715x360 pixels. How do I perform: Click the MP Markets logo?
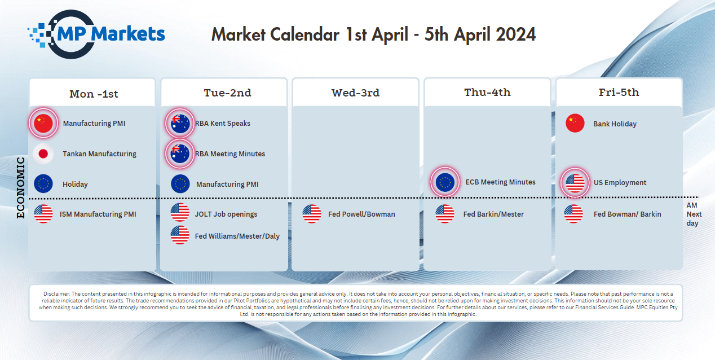96,34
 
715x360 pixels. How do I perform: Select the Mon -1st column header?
94,94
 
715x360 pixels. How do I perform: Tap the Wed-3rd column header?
355,93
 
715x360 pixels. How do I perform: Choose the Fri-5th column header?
619,93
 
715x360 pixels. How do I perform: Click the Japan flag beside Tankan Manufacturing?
43,153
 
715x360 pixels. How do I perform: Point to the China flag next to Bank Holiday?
575,124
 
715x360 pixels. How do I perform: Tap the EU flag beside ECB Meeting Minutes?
445,182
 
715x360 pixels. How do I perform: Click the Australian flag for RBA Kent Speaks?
180,124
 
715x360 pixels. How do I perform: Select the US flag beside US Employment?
575,183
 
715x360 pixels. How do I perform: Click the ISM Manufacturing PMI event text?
98,214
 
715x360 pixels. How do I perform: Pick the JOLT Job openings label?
226,214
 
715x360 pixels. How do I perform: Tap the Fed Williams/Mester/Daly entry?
237,236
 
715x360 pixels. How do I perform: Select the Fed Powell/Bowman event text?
361,214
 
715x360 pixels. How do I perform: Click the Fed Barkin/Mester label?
493,214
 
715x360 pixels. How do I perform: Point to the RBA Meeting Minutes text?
230,154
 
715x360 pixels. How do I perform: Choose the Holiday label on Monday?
75,185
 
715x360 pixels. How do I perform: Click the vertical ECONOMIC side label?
20,188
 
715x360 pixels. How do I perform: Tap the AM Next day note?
694,214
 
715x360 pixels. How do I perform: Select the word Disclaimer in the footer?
56,293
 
